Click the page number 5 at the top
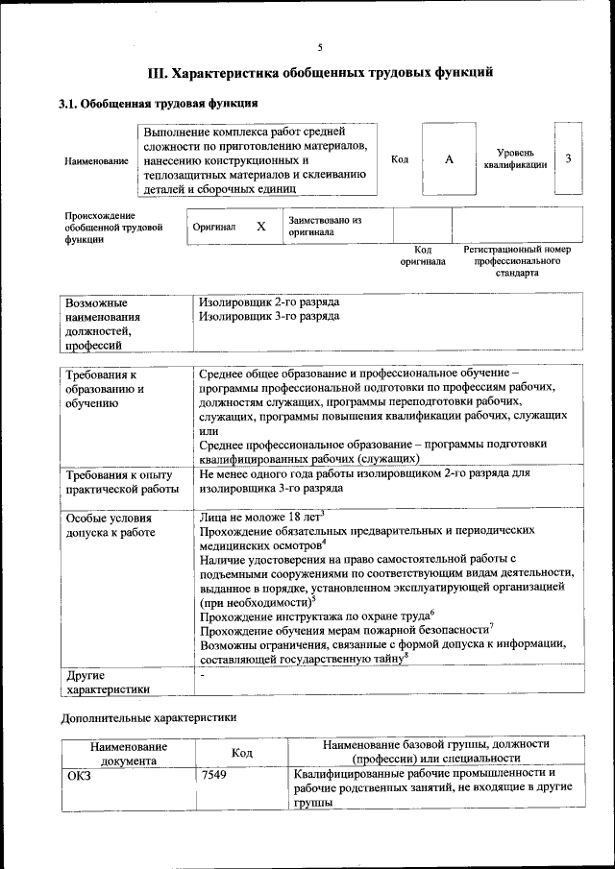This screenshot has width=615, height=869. (320, 47)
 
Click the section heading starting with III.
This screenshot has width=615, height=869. (320, 72)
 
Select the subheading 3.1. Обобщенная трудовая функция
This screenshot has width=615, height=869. (158, 104)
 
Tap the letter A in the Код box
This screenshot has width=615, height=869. (448, 159)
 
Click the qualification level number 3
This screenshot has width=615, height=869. (568, 158)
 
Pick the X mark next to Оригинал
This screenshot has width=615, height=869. (260, 227)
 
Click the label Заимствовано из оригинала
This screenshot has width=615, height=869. (324, 226)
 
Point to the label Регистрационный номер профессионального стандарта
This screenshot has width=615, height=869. (516, 260)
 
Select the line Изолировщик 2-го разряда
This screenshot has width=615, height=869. (269, 302)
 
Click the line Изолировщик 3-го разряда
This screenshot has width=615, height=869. (269, 316)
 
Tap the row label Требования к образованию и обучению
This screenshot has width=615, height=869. (104, 389)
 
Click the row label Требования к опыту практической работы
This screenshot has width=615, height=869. (118, 482)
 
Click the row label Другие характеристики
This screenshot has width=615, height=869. (108, 682)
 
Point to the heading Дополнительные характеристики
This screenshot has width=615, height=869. (148, 717)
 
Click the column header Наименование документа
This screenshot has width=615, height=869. (129, 753)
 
